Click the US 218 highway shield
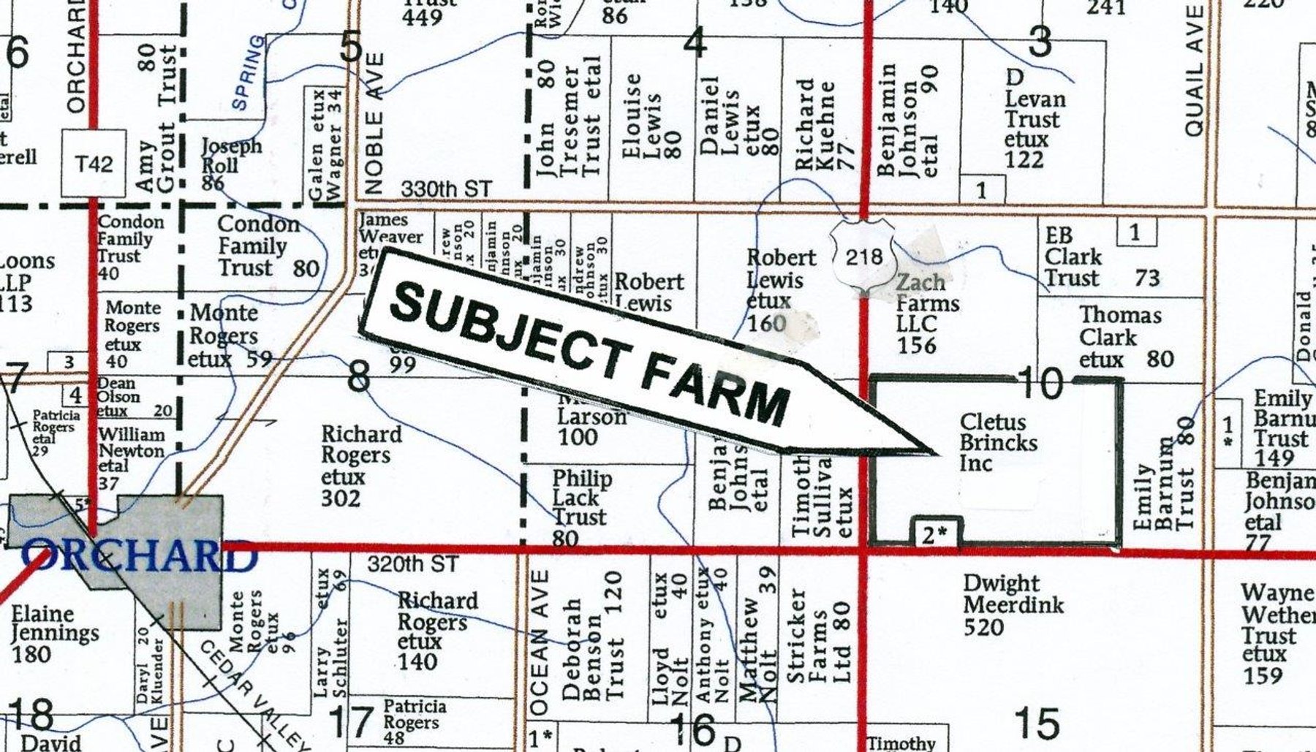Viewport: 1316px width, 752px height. point(863,256)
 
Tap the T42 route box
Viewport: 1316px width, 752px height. point(94,164)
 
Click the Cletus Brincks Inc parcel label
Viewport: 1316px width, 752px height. point(998,443)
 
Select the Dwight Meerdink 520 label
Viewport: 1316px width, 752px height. point(1013,605)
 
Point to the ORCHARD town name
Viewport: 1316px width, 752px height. point(139,558)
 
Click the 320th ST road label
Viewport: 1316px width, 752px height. point(412,564)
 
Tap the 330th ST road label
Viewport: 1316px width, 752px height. point(446,189)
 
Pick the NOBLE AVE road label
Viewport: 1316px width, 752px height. point(374,122)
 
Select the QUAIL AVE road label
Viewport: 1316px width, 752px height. point(1194,71)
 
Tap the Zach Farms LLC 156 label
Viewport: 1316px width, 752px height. point(927,314)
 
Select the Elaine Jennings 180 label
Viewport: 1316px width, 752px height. point(55,633)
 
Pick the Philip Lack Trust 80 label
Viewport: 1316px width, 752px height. point(579,508)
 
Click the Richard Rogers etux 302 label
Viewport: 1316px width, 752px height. point(360,466)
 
